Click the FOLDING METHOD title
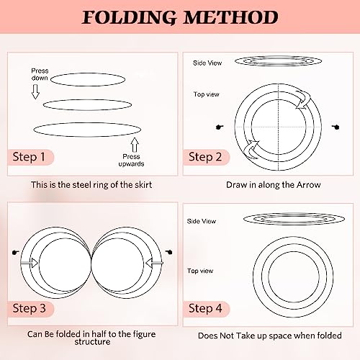point(179,17)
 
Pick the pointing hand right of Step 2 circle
point(334,127)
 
